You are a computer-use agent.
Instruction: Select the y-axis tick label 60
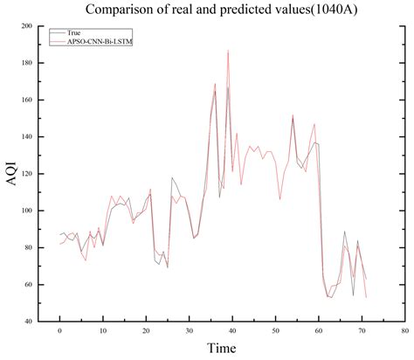coord(28,285)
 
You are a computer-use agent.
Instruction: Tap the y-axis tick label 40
coord(28,322)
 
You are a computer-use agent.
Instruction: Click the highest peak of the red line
coord(228,51)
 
